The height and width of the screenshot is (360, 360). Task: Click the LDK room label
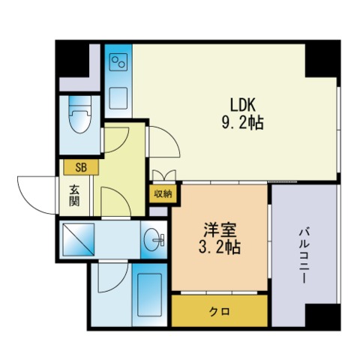click(x=243, y=105)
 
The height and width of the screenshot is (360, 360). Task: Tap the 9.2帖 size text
click(x=243, y=123)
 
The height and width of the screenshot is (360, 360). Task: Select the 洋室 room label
click(x=220, y=229)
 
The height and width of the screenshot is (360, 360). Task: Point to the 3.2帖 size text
click(x=220, y=247)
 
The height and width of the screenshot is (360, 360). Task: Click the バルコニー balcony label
click(x=304, y=256)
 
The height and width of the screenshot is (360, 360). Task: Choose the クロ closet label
click(x=219, y=311)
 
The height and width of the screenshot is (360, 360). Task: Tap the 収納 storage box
click(x=163, y=193)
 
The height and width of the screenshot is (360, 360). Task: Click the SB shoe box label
click(x=81, y=167)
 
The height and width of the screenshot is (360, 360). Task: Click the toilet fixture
click(x=79, y=115)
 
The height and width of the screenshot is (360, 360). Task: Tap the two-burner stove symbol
click(x=118, y=61)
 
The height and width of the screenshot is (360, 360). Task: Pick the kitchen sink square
click(x=118, y=98)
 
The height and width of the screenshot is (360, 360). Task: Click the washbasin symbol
click(x=153, y=239)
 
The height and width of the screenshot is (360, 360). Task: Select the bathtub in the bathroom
click(x=149, y=295)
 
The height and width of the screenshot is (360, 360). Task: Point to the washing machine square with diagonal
click(x=78, y=239)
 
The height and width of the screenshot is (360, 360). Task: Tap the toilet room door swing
click(x=122, y=145)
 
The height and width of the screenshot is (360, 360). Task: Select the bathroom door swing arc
click(x=120, y=284)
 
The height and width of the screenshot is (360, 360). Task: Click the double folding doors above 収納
click(x=164, y=175)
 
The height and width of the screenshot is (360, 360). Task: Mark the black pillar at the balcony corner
click(x=323, y=316)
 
